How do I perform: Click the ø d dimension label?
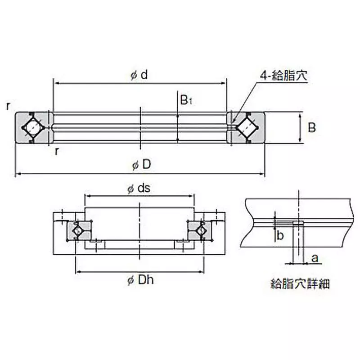click(139, 75)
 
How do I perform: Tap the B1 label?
click(186, 100)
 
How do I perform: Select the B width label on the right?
click(311, 128)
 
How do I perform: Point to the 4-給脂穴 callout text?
click(283, 76)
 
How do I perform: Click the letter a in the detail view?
click(315, 258)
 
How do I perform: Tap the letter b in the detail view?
click(280, 235)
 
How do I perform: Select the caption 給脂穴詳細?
click(299, 284)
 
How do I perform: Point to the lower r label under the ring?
click(57, 151)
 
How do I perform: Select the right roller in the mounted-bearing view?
click(202, 230)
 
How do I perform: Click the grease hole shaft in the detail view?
click(297, 243)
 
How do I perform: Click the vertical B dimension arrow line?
click(300, 128)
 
